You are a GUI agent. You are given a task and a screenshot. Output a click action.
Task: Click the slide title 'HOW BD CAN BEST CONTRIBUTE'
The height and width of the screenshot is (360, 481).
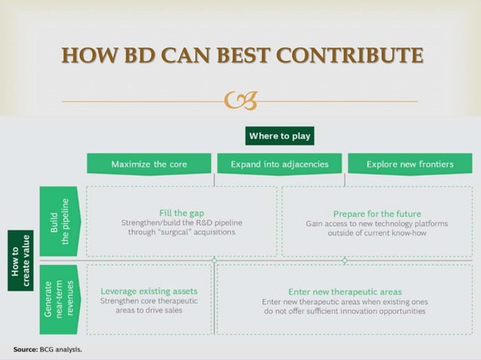coord(241,56)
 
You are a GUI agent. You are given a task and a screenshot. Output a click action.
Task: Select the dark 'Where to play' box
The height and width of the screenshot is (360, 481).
coord(279,136)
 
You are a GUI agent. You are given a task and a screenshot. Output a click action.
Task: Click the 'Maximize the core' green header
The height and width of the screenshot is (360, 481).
coord(149,163)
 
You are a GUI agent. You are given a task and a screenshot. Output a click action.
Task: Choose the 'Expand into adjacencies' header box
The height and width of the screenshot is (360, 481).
coord(279,163)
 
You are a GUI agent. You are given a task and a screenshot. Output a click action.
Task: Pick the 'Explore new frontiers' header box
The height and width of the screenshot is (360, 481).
coord(409,163)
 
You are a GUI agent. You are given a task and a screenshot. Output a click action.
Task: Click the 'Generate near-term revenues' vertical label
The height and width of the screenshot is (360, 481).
coord(60,298)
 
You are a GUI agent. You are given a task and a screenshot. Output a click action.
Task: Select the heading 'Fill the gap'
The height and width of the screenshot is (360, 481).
coord(182,212)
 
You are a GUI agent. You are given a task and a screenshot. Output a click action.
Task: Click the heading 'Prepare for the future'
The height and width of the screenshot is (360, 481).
coord(377,213)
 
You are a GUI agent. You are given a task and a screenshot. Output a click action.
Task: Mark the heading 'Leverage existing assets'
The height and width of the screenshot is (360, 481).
coord(149,291)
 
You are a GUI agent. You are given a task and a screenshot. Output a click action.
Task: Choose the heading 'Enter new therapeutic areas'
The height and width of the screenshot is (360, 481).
coord(345,291)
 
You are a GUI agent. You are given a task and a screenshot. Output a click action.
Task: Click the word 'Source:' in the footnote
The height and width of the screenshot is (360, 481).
coord(25,349)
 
